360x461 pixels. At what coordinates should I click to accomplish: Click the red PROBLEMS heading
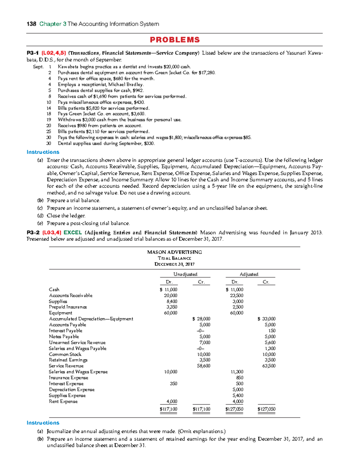click(x=175, y=40)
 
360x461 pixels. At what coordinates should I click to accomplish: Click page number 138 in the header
click(x=31, y=24)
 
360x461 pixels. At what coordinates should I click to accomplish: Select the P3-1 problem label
click(x=33, y=53)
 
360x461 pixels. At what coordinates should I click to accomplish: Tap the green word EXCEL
click(x=73, y=233)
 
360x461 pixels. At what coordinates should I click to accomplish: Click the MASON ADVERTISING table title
click(x=174, y=252)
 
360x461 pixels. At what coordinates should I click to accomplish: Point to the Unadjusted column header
click(x=185, y=274)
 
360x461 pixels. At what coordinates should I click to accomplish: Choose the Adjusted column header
click(x=249, y=274)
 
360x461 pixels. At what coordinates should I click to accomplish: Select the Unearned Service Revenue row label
click(x=77, y=342)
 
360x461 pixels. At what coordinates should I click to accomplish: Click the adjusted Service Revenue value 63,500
click(x=268, y=366)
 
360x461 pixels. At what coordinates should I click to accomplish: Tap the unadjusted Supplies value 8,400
click(x=172, y=301)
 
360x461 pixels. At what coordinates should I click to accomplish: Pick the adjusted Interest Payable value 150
click(x=271, y=331)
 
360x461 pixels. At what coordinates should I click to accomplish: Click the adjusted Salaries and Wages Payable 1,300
click(x=270, y=348)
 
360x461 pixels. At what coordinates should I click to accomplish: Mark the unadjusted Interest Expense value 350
click(x=173, y=384)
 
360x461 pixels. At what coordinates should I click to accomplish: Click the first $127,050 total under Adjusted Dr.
click(x=234, y=409)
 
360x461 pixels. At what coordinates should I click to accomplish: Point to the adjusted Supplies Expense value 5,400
click(x=238, y=396)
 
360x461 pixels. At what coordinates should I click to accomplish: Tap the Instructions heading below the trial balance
click(x=43, y=423)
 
